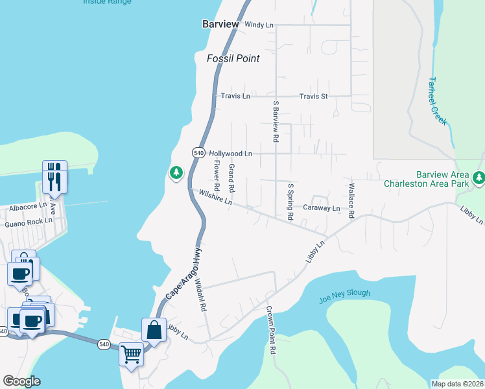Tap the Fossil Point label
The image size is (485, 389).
point(233,58)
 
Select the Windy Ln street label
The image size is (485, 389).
point(259,25)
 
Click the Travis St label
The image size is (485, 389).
point(314,96)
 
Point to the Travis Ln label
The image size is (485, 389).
point(235,96)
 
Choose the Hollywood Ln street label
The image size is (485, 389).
point(230,154)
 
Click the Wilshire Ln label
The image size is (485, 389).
point(215,197)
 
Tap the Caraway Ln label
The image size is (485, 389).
point(322,208)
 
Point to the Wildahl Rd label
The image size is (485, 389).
point(200,295)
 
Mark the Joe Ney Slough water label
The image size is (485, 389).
point(344,296)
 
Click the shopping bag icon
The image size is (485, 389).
point(154,331)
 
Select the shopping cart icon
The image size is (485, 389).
point(131,355)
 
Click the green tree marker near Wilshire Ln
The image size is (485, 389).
point(175,173)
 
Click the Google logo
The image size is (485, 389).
point(21,381)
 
